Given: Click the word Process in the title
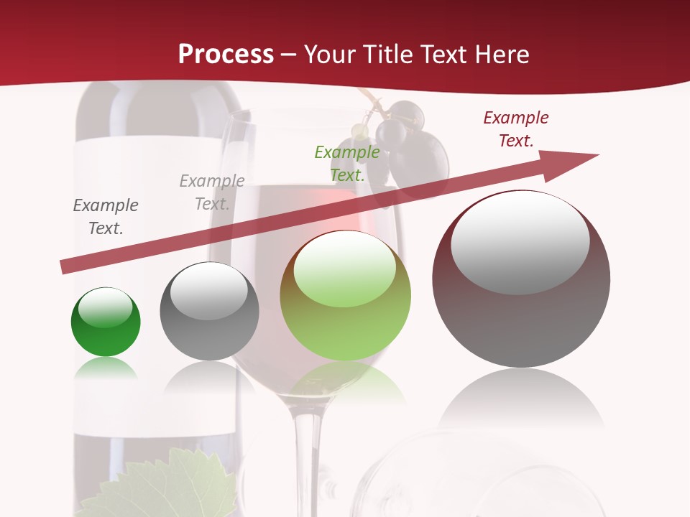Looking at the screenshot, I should pyautogui.click(x=226, y=55).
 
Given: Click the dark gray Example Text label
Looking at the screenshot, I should pyautogui.click(x=106, y=217).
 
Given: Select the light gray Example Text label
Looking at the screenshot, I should pyautogui.click(x=211, y=192).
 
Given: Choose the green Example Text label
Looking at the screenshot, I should pyautogui.click(x=347, y=164).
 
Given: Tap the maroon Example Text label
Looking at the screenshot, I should pyautogui.click(x=515, y=129).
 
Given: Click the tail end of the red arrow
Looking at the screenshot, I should pyautogui.click(x=66, y=267).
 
